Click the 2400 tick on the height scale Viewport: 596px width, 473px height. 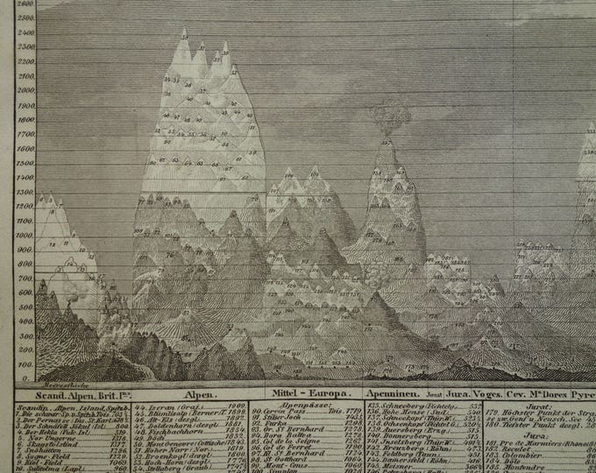26,33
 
